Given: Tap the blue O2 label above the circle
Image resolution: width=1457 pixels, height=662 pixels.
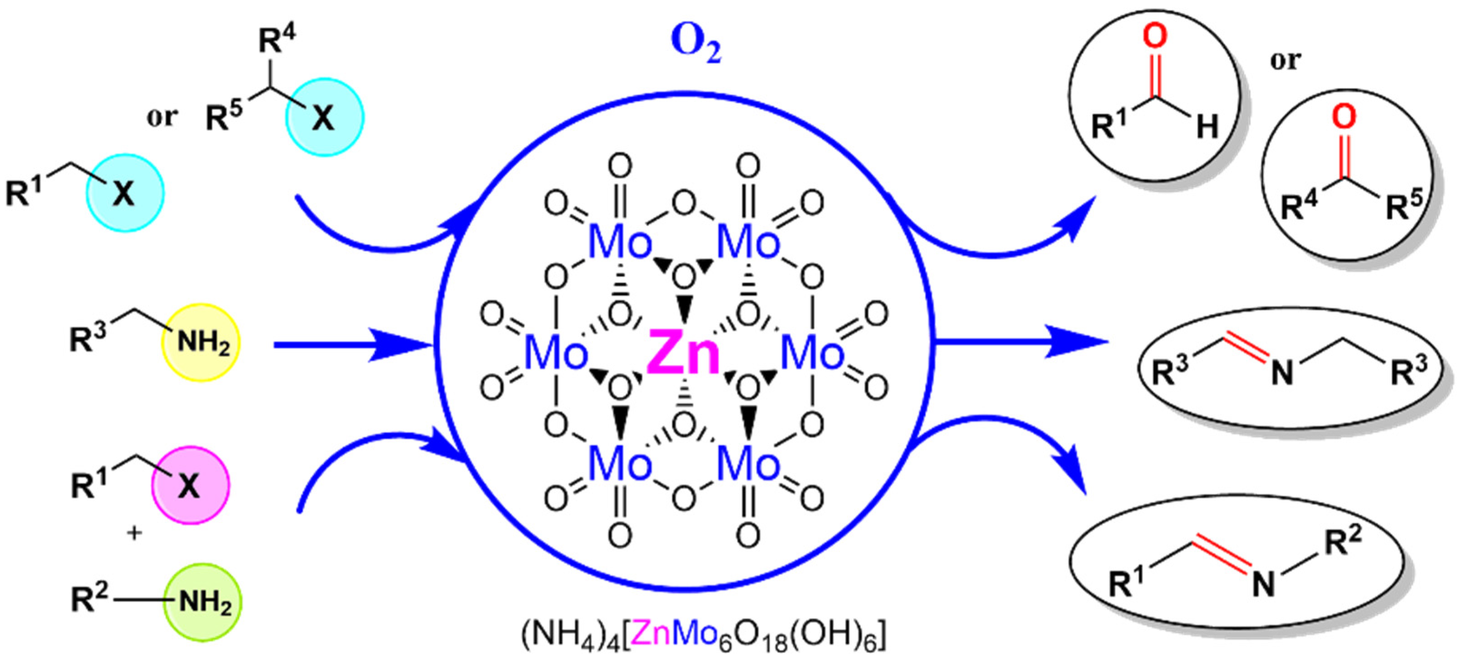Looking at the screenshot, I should pyautogui.click(x=696, y=45).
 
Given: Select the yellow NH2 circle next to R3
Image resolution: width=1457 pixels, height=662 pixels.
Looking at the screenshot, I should pyautogui.click(x=202, y=342).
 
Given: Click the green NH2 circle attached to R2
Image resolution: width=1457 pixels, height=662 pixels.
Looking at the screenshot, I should pyautogui.click(x=203, y=602).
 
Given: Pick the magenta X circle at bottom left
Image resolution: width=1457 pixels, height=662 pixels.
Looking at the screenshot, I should pyautogui.click(x=191, y=485).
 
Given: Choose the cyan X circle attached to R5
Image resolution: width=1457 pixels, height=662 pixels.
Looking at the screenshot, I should pyautogui.click(x=324, y=118).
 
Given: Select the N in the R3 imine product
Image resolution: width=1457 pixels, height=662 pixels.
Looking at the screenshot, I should pyautogui.click(x=1282, y=373).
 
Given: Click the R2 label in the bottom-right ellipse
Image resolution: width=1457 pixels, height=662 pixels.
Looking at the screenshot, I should pyautogui.click(x=1343, y=540).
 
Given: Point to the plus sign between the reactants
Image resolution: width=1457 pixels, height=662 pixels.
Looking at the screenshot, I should pyautogui.click(x=135, y=532).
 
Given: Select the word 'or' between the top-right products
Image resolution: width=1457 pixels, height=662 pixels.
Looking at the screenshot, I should pyautogui.click(x=1285, y=60).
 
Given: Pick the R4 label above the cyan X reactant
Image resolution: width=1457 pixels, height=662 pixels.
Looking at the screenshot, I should pyautogui.click(x=277, y=39).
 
